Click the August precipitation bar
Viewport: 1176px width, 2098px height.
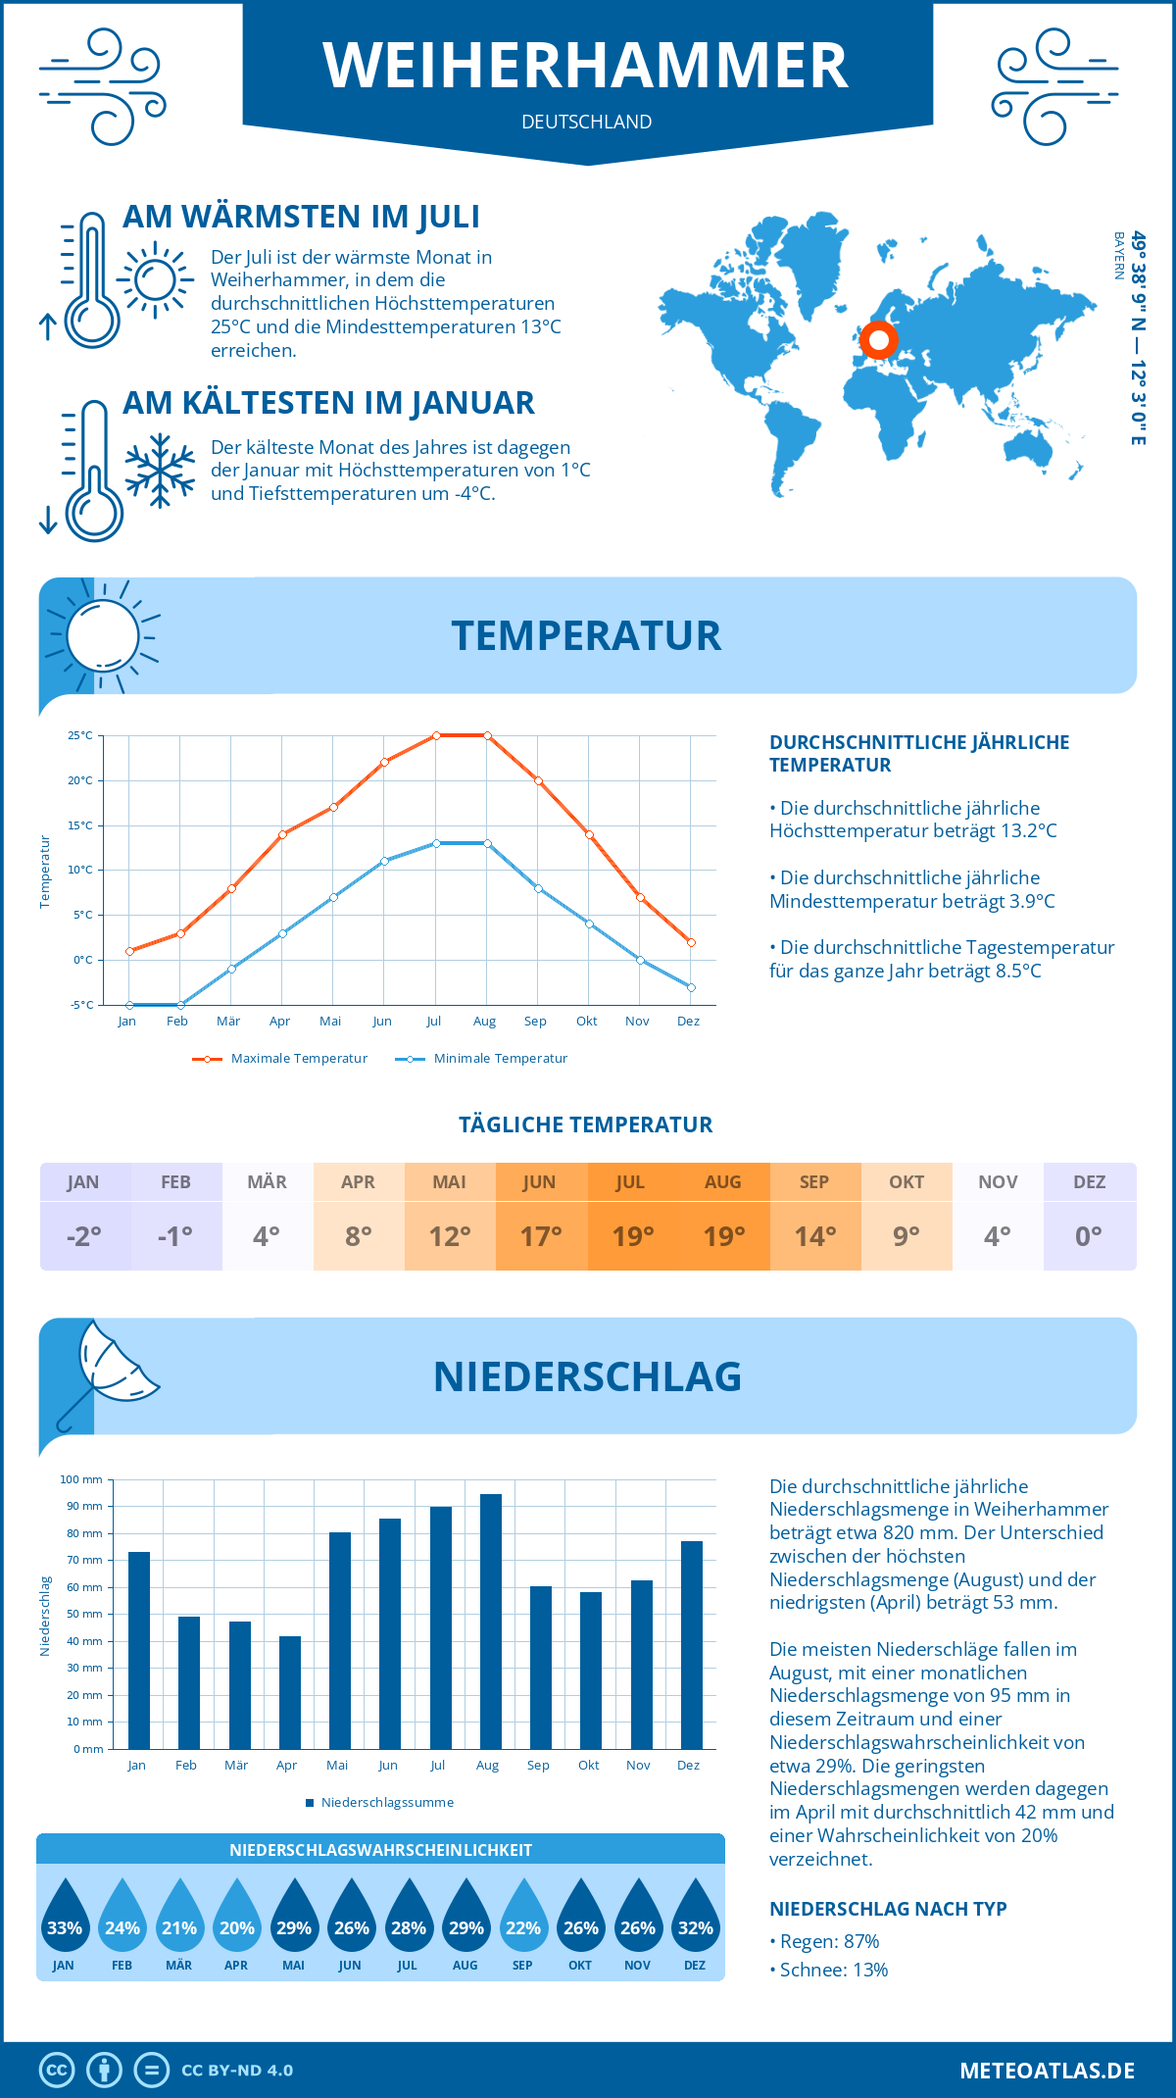(x=491, y=1622)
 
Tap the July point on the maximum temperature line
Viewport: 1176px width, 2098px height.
(x=436, y=735)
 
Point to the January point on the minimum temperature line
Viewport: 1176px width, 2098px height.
(x=129, y=1005)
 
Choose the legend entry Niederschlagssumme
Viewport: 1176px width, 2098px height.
(x=379, y=1803)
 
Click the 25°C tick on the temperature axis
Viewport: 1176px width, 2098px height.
(x=80, y=735)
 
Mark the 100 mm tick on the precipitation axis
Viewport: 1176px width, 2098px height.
(x=81, y=1479)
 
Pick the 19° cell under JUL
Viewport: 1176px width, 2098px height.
(x=632, y=1236)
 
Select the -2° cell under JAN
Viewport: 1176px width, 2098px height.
(x=84, y=1236)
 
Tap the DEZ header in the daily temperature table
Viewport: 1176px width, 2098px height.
(x=1089, y=1182)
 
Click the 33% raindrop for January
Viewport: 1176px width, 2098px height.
(x=65, y=1916)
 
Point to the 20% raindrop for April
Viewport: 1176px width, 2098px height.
(x=237, y=1916)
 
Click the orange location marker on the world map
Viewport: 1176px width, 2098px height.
(x=879, y=340)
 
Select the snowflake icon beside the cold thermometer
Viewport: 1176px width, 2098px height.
(x=160, y=471)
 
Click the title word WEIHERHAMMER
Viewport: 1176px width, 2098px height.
(x=586, y=67)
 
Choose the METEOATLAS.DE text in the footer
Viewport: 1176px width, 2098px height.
(x=1047, y=2071)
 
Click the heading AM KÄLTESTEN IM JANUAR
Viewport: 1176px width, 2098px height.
(x=328, y=403)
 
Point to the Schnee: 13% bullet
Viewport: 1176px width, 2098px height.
(x=829, y=1970)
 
